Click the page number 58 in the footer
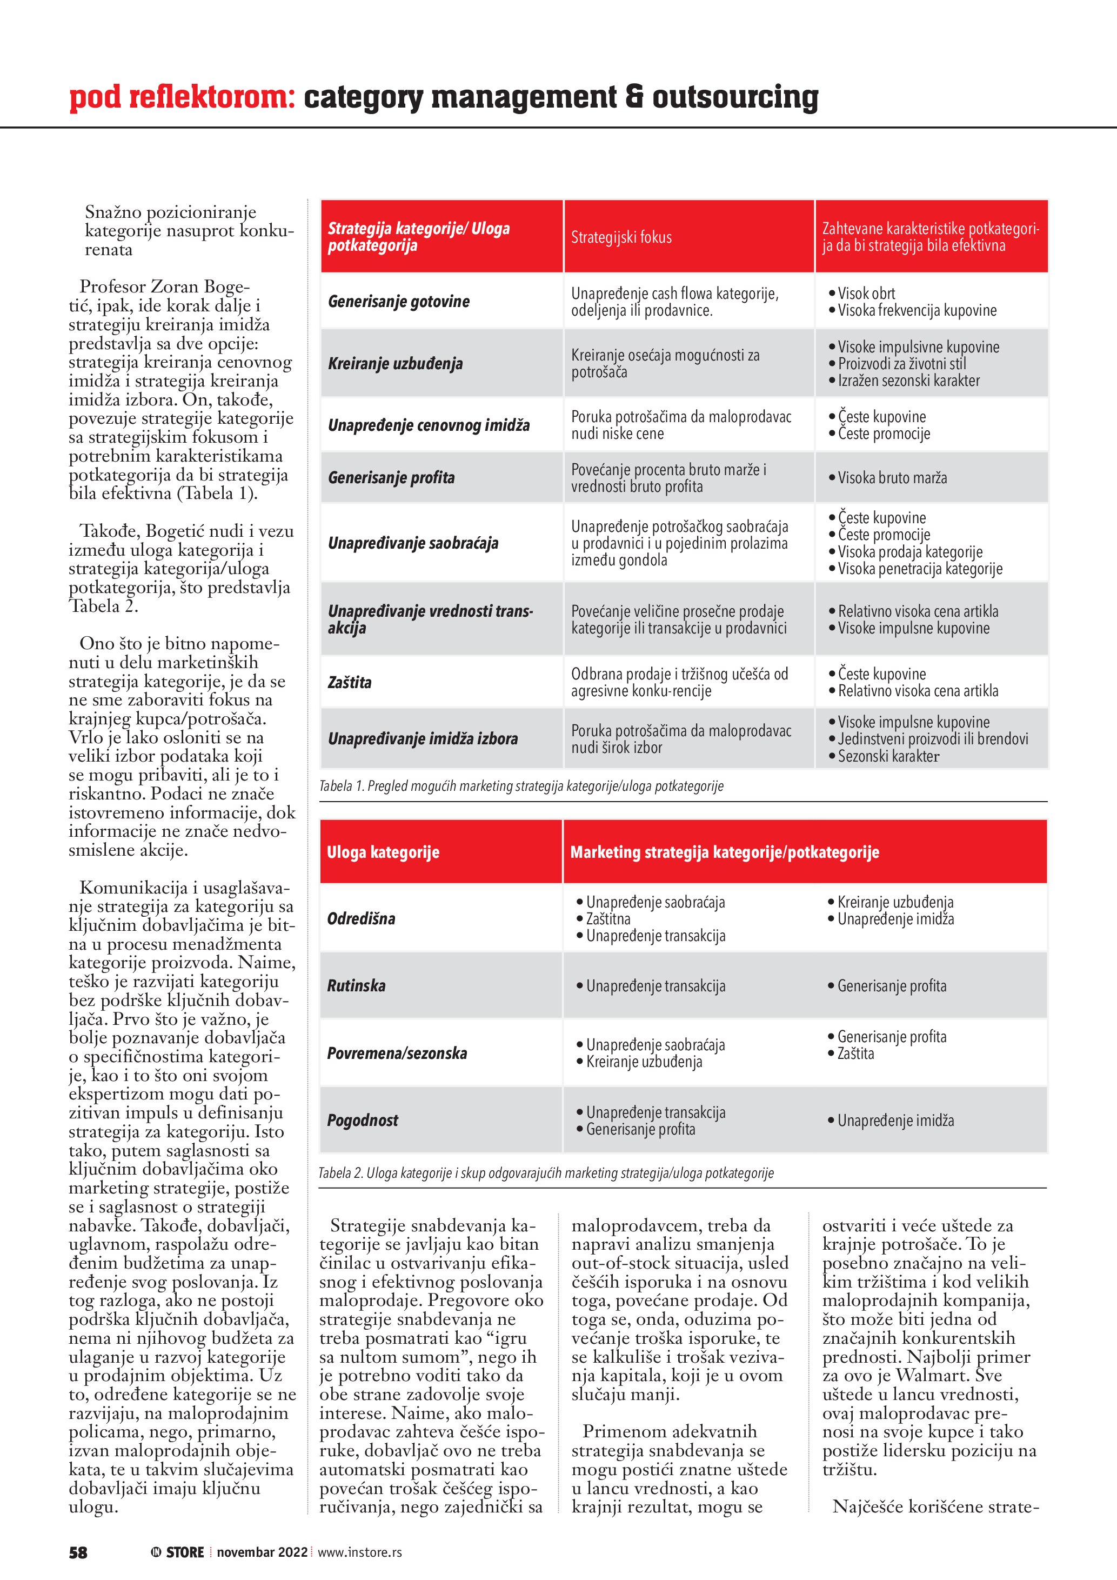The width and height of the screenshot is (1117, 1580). click(x=78, y=1552)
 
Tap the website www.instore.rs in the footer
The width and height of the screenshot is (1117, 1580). click(x=360, y=1552)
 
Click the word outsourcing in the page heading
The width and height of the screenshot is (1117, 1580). click(x=735, y=97)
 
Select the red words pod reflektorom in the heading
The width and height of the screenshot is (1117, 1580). click(x=182, y=97)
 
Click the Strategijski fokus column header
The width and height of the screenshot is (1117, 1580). click(x=621, y=237)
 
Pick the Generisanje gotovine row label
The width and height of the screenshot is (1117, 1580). click(x=399, y=302)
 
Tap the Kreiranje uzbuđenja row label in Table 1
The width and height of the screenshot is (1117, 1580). click(x=396, y=363)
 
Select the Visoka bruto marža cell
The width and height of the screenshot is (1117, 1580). click(x=892, y=478)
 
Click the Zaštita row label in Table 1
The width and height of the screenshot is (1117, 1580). click(x=350, y=682)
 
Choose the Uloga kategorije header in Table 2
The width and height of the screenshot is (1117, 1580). click(x=383, y=852)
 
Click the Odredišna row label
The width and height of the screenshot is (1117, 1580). click(x=361, y=919)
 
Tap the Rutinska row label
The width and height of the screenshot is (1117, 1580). click(x=356, y=985)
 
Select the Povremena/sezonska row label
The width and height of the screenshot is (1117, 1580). click(x=397, y=1053)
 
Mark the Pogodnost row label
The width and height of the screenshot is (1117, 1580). click(x=363, y=1121)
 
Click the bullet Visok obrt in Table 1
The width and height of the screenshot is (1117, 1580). click(x=866, y=293)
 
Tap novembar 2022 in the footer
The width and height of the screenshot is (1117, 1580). click(x=262, y=1552)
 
